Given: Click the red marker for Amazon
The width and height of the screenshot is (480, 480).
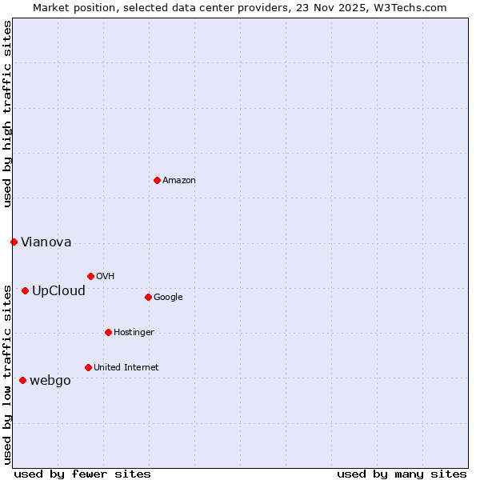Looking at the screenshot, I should pos(157,180).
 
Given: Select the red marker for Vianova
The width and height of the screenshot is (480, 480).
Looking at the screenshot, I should pos(14,242).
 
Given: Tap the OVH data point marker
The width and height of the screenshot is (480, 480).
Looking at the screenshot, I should pos(90,276).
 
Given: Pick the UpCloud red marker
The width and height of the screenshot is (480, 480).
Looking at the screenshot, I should pos(25,290).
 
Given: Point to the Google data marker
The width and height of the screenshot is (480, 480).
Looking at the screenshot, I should pos(148,297).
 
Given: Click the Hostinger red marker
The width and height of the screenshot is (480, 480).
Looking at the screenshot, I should pos(108,332).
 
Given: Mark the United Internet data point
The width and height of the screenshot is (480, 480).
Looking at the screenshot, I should pos(88,367).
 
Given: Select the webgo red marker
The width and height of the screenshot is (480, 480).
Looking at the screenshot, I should pos(22,380).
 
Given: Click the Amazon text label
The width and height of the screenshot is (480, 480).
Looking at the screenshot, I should pos(179,181).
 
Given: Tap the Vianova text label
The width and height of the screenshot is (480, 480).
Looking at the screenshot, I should pos(46,242).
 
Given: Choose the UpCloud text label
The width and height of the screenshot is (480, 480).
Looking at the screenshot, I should pos(58,291).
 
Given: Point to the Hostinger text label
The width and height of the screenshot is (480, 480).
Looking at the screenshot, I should pos(134,333).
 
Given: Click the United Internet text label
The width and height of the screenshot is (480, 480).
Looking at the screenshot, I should pos(126,368).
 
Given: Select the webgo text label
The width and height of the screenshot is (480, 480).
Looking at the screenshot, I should pos(50,381).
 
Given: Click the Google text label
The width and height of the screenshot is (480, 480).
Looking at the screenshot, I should pos(168,298).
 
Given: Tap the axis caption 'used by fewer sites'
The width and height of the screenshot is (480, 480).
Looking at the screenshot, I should pos(82,474).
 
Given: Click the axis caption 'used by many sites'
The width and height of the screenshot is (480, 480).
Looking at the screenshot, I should pos(402,474).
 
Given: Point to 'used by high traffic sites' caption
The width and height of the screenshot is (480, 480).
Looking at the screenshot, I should pos(7,114).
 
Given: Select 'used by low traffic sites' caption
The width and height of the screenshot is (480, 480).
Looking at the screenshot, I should pos(7,374).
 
